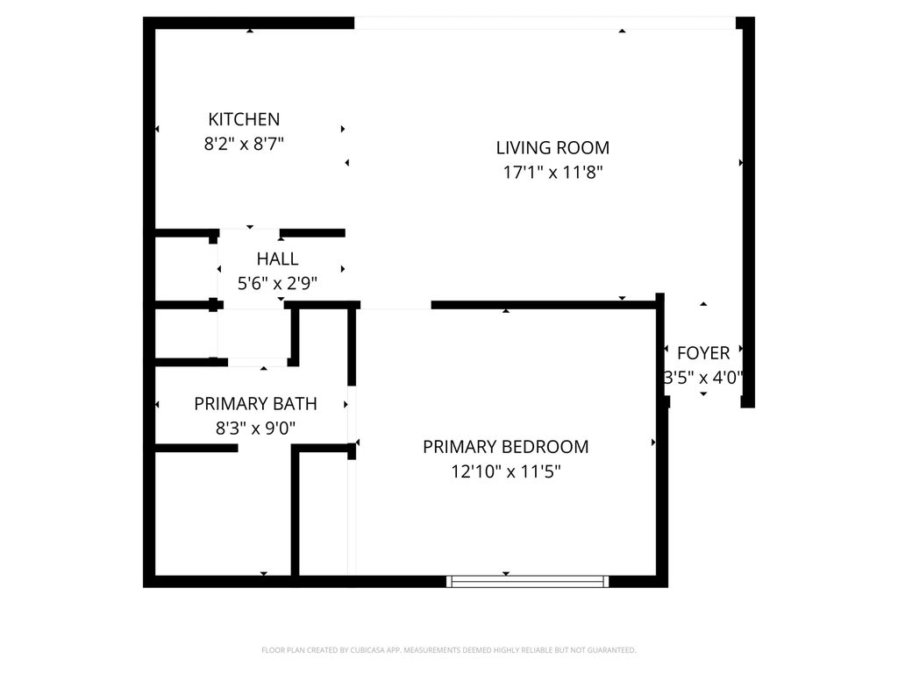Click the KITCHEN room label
point(244,119)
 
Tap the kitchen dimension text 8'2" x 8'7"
point(244,143)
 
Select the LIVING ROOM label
point(552,148)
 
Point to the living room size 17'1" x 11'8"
point(552,173)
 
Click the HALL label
point(277,259)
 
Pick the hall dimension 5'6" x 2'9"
point(277,283)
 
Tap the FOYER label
point(703,353)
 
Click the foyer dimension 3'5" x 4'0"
point(703,379)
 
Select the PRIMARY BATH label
point(255,404)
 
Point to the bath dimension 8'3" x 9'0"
point(255,429)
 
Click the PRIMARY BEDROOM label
point(505,447)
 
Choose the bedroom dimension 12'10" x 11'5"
point(505,471)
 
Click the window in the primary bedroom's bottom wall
point(527,580)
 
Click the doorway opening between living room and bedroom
point(396,306)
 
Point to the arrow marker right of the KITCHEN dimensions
point(343,129)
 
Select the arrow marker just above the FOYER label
point(703,304)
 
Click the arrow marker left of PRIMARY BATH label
point(157,404)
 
